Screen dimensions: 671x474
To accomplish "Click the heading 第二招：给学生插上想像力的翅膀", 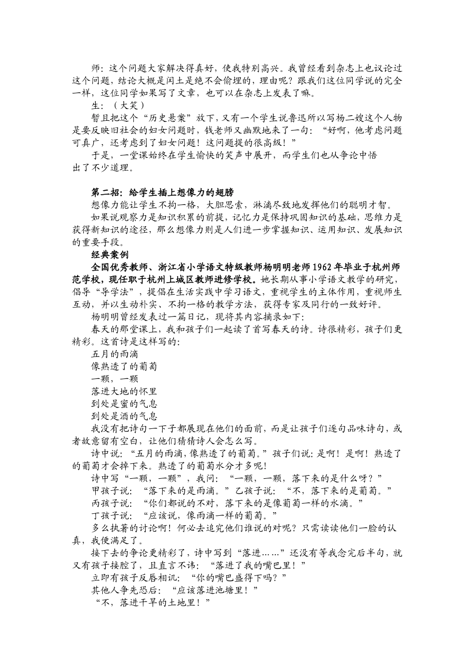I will click(x=163, y=193).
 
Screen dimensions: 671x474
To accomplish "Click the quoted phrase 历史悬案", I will click(x=164, y=118).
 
